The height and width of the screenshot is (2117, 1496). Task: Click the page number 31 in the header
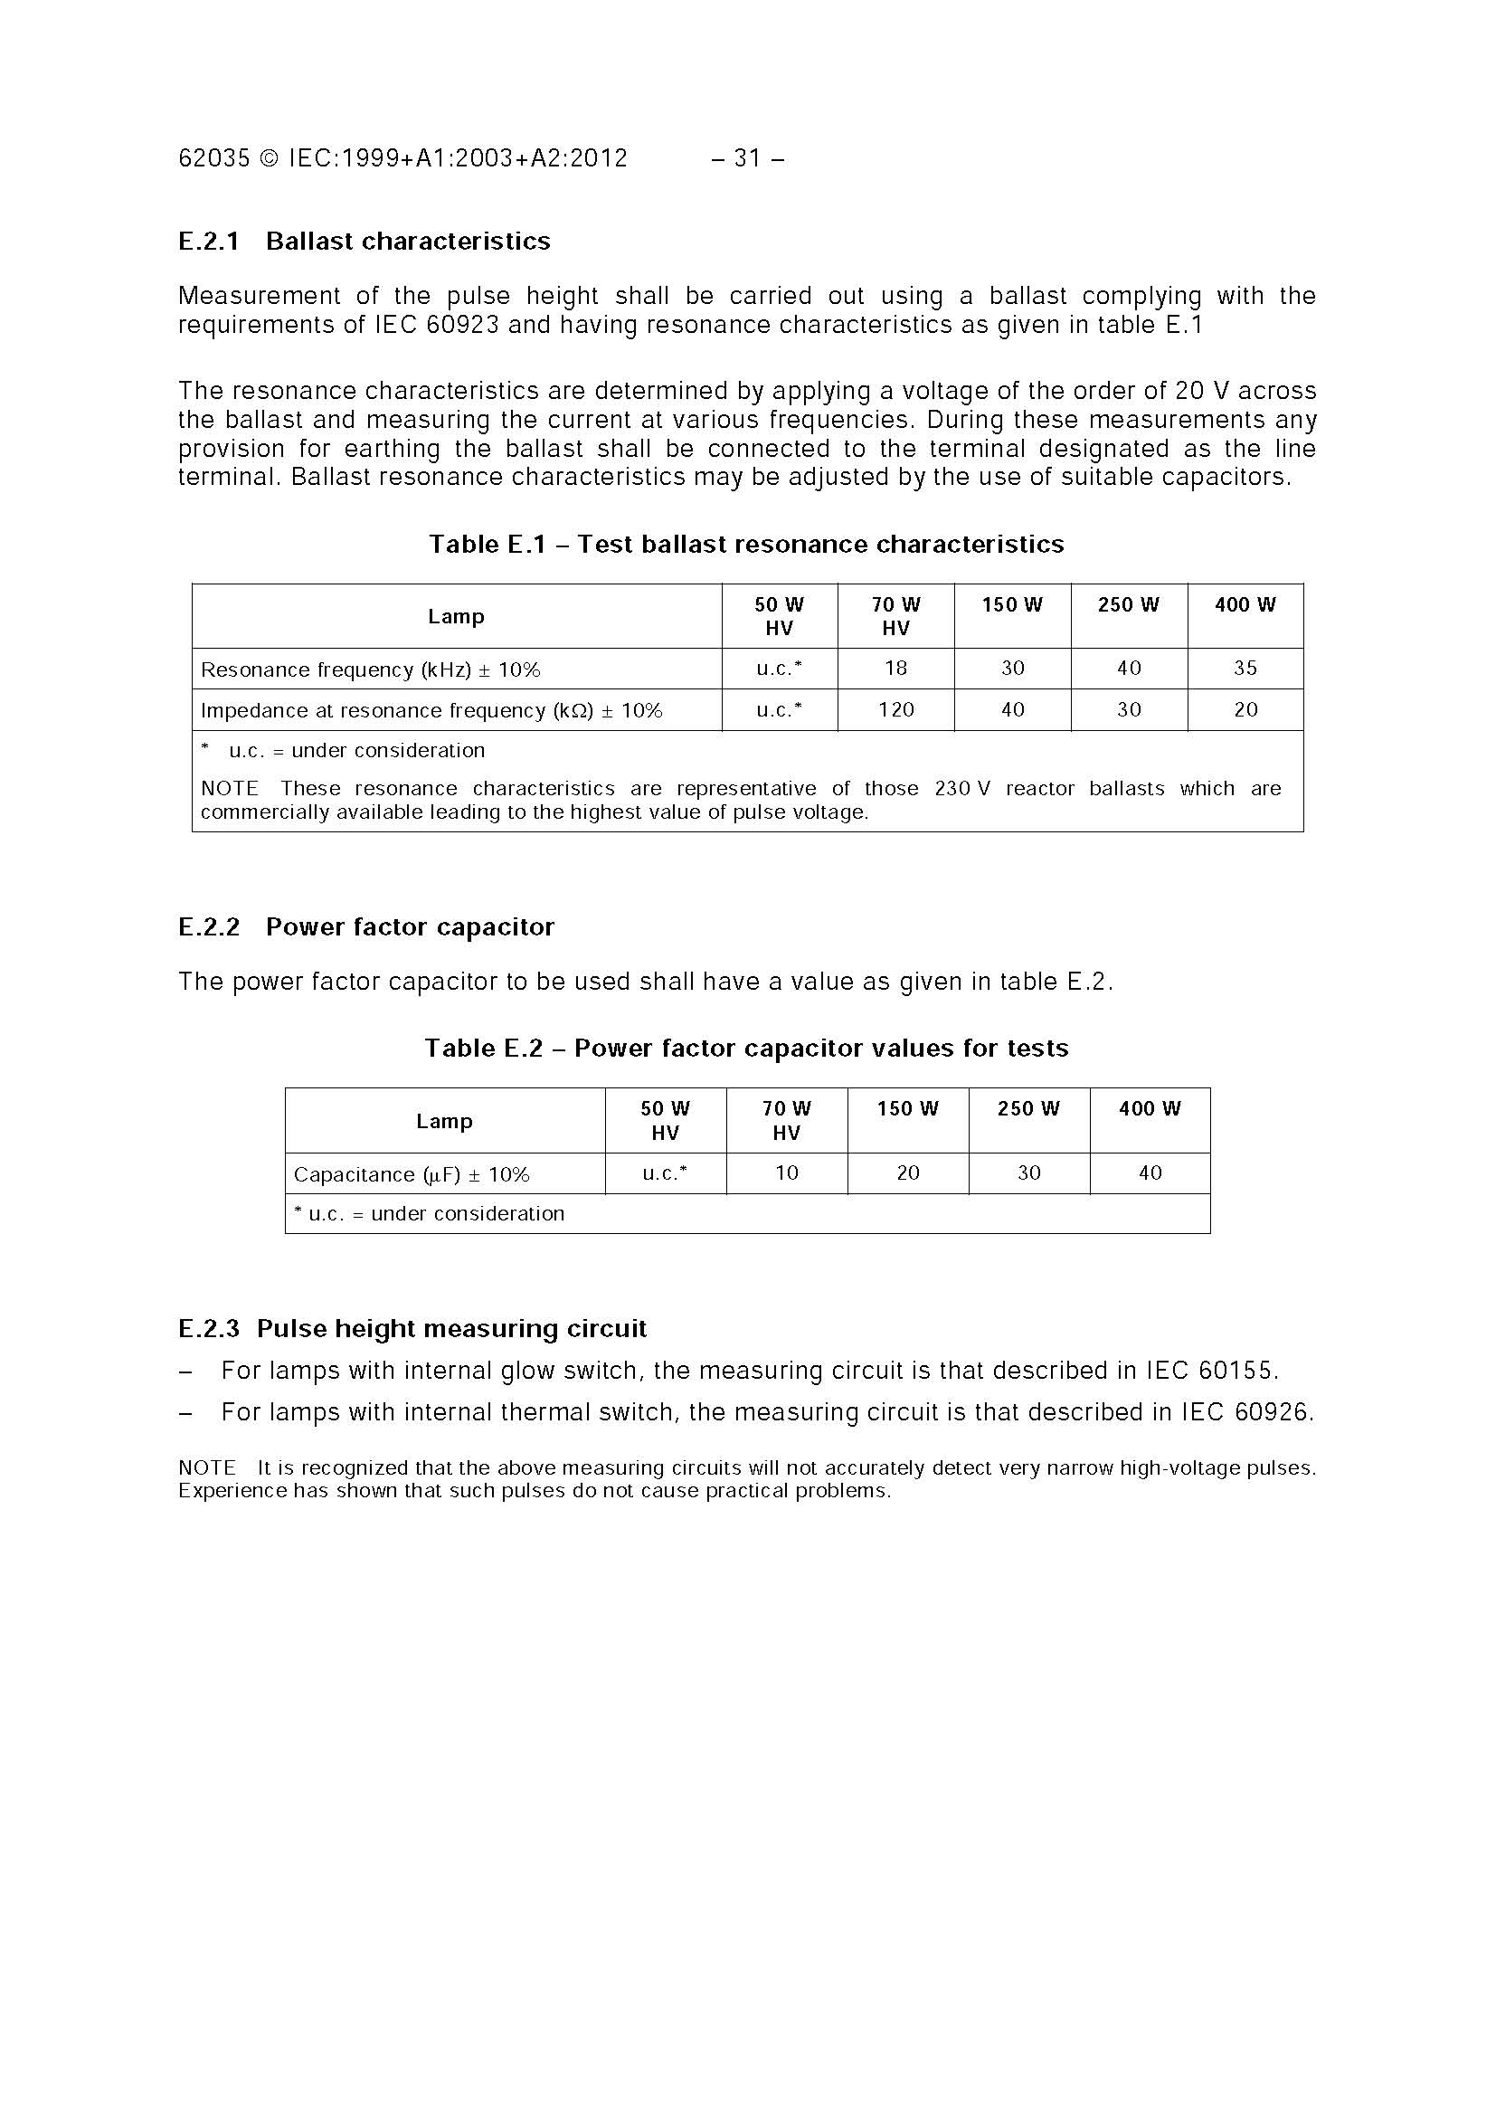[746, 158]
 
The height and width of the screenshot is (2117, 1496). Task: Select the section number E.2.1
[208, 242]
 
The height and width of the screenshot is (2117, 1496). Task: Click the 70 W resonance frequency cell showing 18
[895, 669]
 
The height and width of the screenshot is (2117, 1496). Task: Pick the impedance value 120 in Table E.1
[895, 710]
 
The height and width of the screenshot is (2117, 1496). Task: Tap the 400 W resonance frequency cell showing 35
[1245, 669]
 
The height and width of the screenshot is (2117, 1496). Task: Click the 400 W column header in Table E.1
[1245, 606]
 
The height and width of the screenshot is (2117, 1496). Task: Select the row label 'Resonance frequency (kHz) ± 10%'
[371, 670]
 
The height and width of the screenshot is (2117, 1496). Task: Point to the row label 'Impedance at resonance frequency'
[431, 711]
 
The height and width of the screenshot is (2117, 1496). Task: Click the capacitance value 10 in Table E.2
[786, 1173]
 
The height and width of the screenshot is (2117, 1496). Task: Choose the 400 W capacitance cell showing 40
[1150, 1173]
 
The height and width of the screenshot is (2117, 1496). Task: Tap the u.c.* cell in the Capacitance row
[665, 1173]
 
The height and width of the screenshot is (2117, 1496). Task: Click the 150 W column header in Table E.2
[907, 1109]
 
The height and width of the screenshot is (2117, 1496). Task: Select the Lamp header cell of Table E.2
[444, 1121]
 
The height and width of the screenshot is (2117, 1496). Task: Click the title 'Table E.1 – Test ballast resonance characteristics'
[745, 545]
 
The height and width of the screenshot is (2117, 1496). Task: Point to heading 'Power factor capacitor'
[409, 927]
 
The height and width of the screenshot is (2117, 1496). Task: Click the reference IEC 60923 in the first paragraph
[436, 326]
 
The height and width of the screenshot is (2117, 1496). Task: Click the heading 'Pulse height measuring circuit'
[450, 1330]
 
